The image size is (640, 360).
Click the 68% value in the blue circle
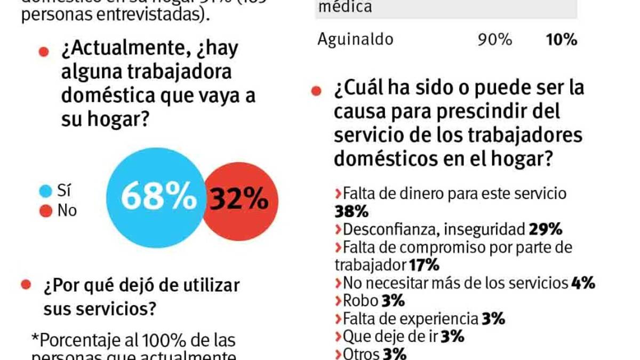tap(159, 197)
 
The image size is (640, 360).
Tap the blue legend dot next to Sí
tap(46, 190)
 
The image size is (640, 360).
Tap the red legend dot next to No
tap(46, 211)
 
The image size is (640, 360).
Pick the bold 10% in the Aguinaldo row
tap(561, 39)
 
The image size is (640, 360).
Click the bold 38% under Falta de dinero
tap(351, 212)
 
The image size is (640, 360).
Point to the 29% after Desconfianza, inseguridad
tap(546, 229)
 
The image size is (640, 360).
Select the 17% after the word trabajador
tap(424, 265)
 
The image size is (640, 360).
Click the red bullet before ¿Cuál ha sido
tap(316, 91)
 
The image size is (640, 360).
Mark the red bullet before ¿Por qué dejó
tap(26, 285)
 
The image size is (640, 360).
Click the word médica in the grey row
tap(345, 7)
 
